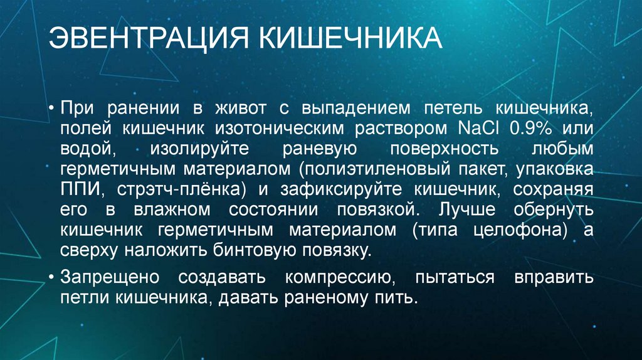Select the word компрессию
(339, 276)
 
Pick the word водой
(87, 149)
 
